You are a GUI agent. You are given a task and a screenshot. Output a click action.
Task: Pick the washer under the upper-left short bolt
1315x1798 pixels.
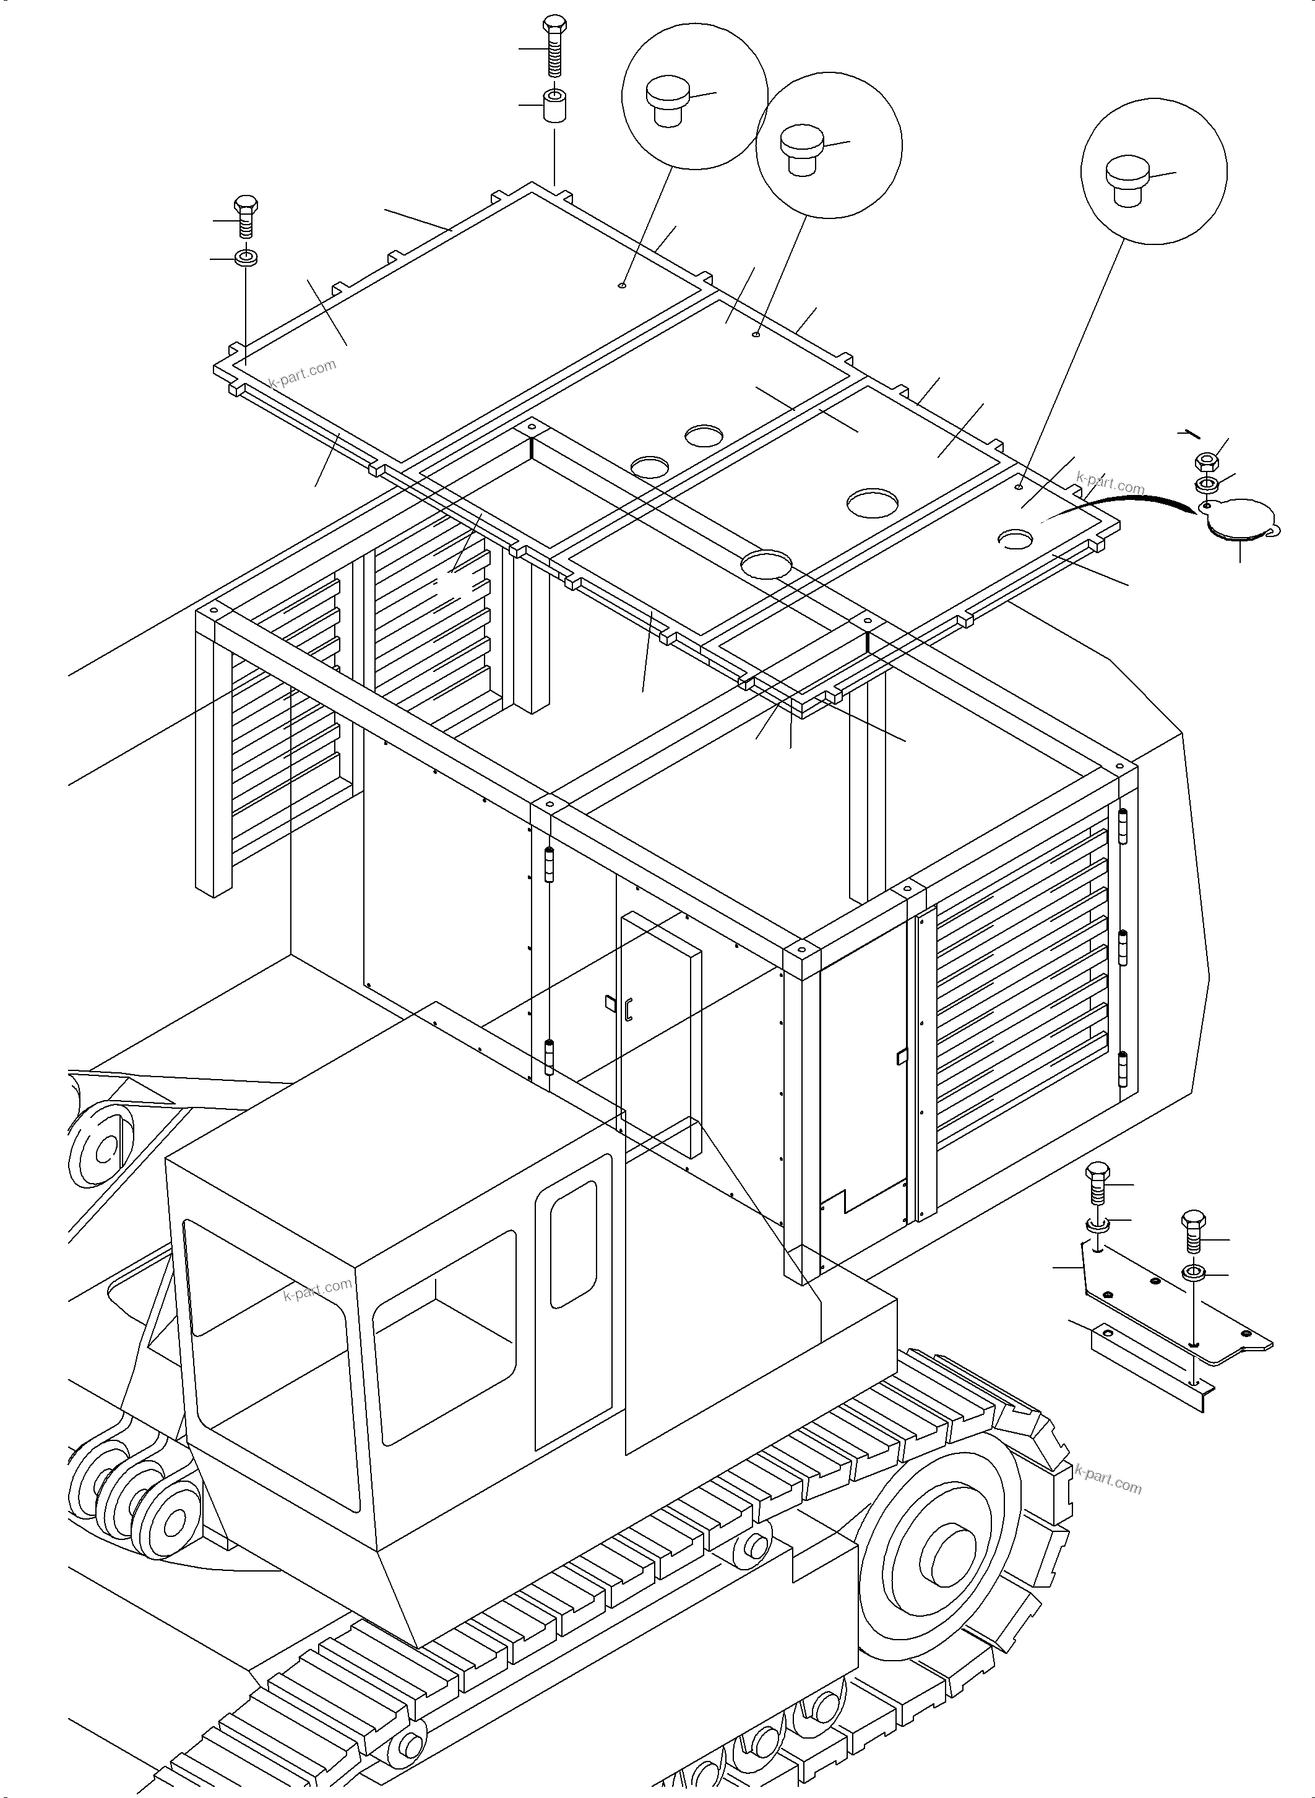coord(245,258)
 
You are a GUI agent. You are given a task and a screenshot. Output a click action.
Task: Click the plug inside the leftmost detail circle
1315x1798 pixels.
coord(667,100)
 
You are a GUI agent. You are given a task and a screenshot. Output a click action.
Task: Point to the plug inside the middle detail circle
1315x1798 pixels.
coord(801,149)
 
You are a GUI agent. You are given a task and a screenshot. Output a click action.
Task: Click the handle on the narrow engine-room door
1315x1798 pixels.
coord(629,1009)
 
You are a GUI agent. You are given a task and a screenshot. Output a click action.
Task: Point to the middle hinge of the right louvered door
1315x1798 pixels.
coord(1124,947)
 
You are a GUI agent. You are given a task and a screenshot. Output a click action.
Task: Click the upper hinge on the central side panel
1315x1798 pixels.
coord(548,865)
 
